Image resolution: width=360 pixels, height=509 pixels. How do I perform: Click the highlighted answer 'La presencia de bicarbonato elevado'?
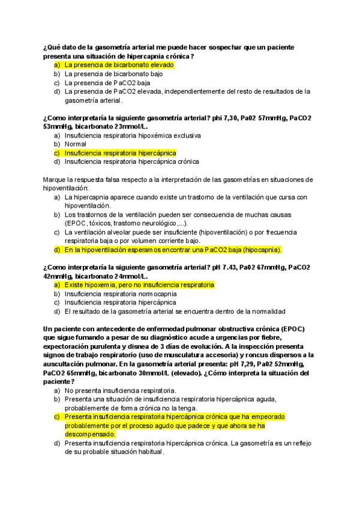click(x=119, y=65)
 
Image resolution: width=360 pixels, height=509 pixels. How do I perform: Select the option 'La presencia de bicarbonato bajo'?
click(x=113, y=74)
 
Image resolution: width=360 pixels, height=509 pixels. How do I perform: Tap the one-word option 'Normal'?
click(x=76, y=144)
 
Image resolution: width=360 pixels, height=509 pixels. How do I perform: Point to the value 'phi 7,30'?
click(x=225, y=118)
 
